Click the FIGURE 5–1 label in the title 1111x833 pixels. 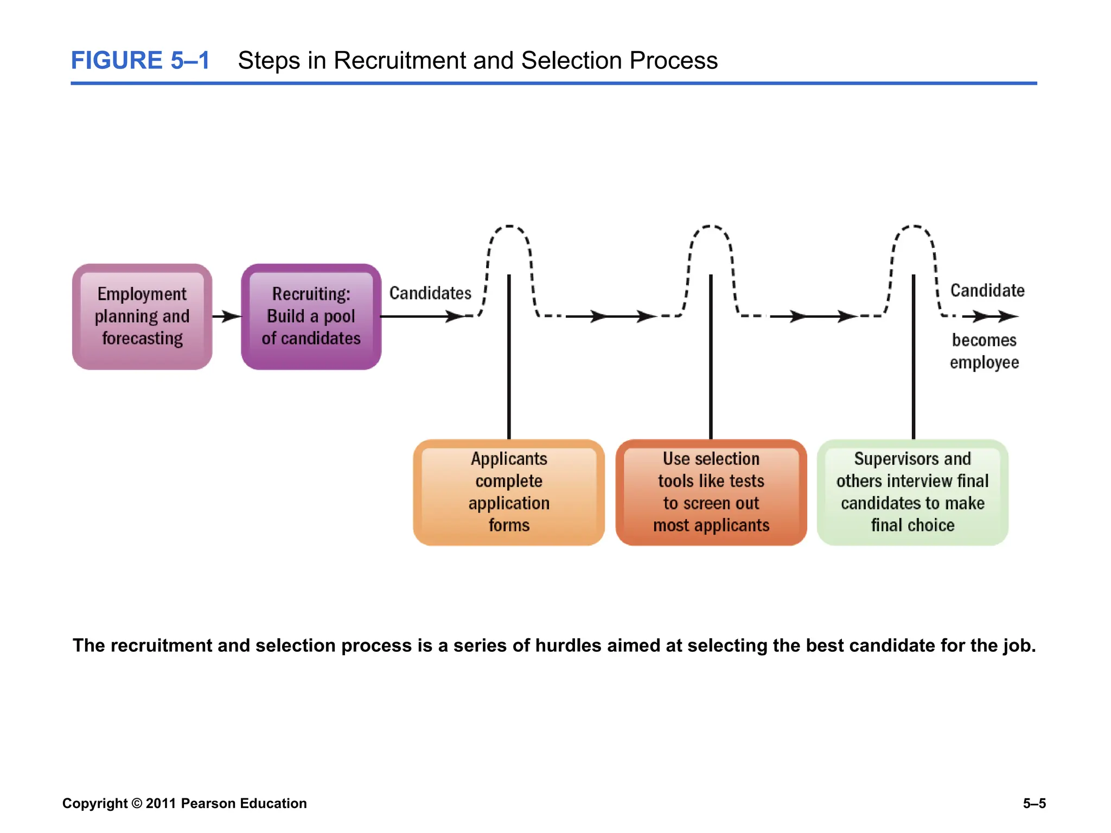pos(140,60)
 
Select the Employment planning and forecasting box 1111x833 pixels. pos(142,317)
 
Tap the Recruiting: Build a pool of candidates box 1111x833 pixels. pos(311,317)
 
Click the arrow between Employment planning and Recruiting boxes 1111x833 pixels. pos(226,316)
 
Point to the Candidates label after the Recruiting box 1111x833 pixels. pos(430,293)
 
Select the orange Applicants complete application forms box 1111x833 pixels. pos(509,492)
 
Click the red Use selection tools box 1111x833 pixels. pos(711,492)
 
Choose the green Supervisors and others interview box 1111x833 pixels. pos(912,492)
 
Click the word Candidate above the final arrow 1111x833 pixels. pos(987,291)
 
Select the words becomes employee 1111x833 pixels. pos(984,351)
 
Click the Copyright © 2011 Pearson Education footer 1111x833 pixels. pos(184,803)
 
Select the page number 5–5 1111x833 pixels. pos(1034,803)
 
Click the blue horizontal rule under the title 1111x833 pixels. pos(553,84)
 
